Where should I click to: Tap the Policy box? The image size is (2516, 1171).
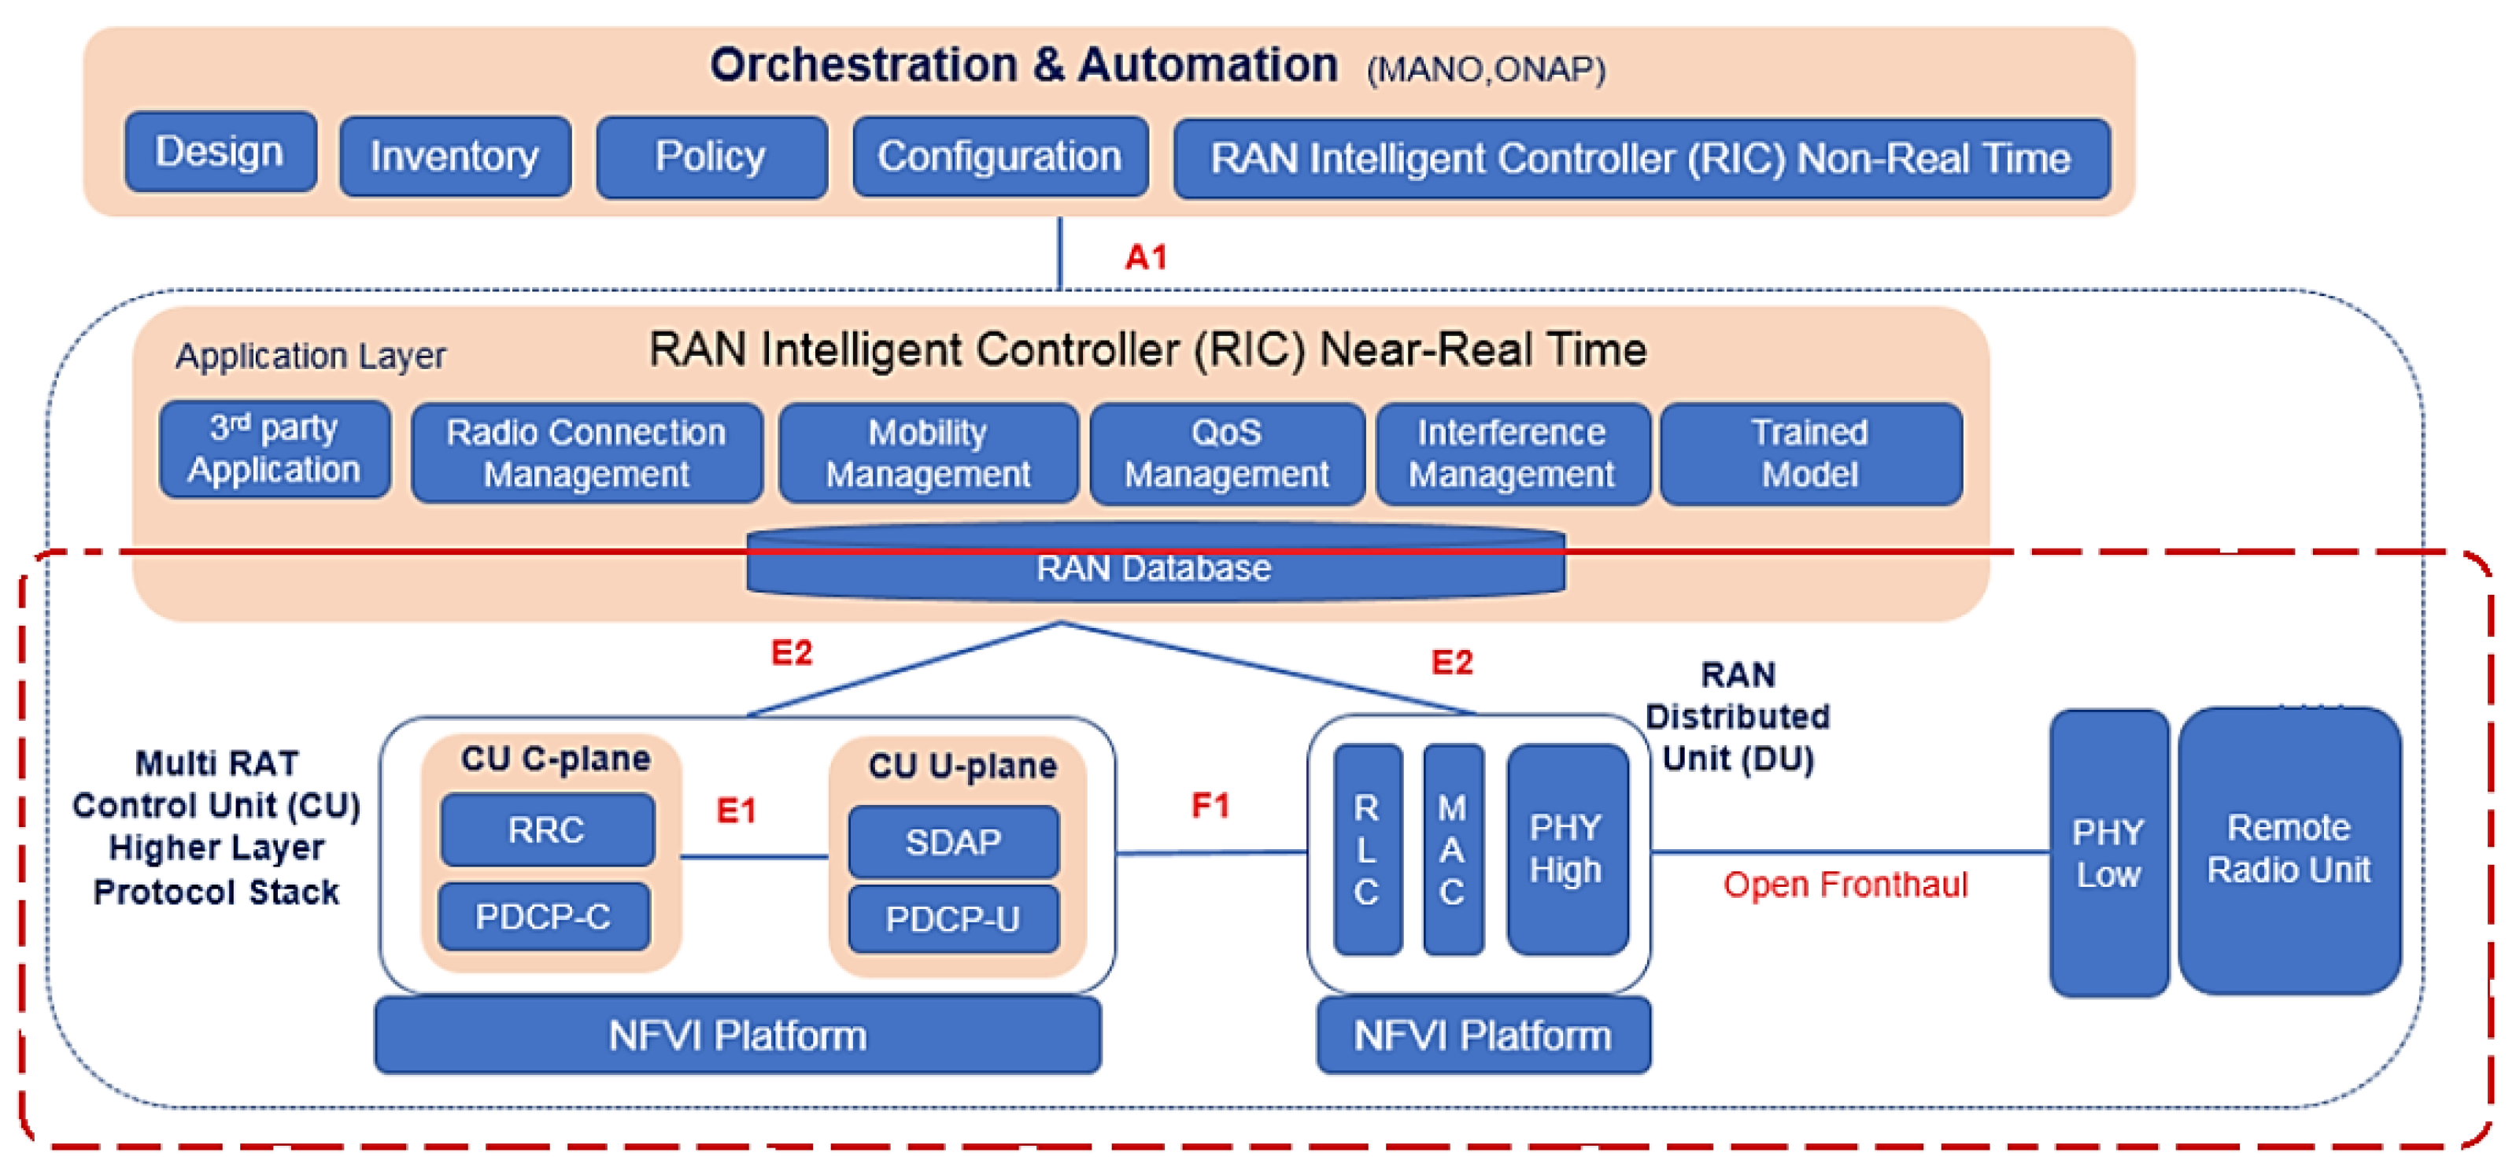point(711,157)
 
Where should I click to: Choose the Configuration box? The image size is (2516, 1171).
point(999,157)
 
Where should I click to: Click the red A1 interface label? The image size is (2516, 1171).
point(1145,257)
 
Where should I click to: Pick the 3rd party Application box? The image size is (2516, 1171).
point(275,449)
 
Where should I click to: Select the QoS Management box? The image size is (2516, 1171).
point(1226,453)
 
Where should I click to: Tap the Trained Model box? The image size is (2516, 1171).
point(1810,453)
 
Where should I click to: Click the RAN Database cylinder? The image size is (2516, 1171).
point(1155,567)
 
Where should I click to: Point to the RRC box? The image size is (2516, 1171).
point(546,829)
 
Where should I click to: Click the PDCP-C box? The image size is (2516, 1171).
point(543,916)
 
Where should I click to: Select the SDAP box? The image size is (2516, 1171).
point(952,841)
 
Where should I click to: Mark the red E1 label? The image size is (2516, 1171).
point(736,810)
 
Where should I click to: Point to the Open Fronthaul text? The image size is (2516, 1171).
point(1844,884)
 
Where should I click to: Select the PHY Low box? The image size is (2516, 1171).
point(2108,852)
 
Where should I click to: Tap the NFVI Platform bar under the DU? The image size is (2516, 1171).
point(1482,1035)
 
